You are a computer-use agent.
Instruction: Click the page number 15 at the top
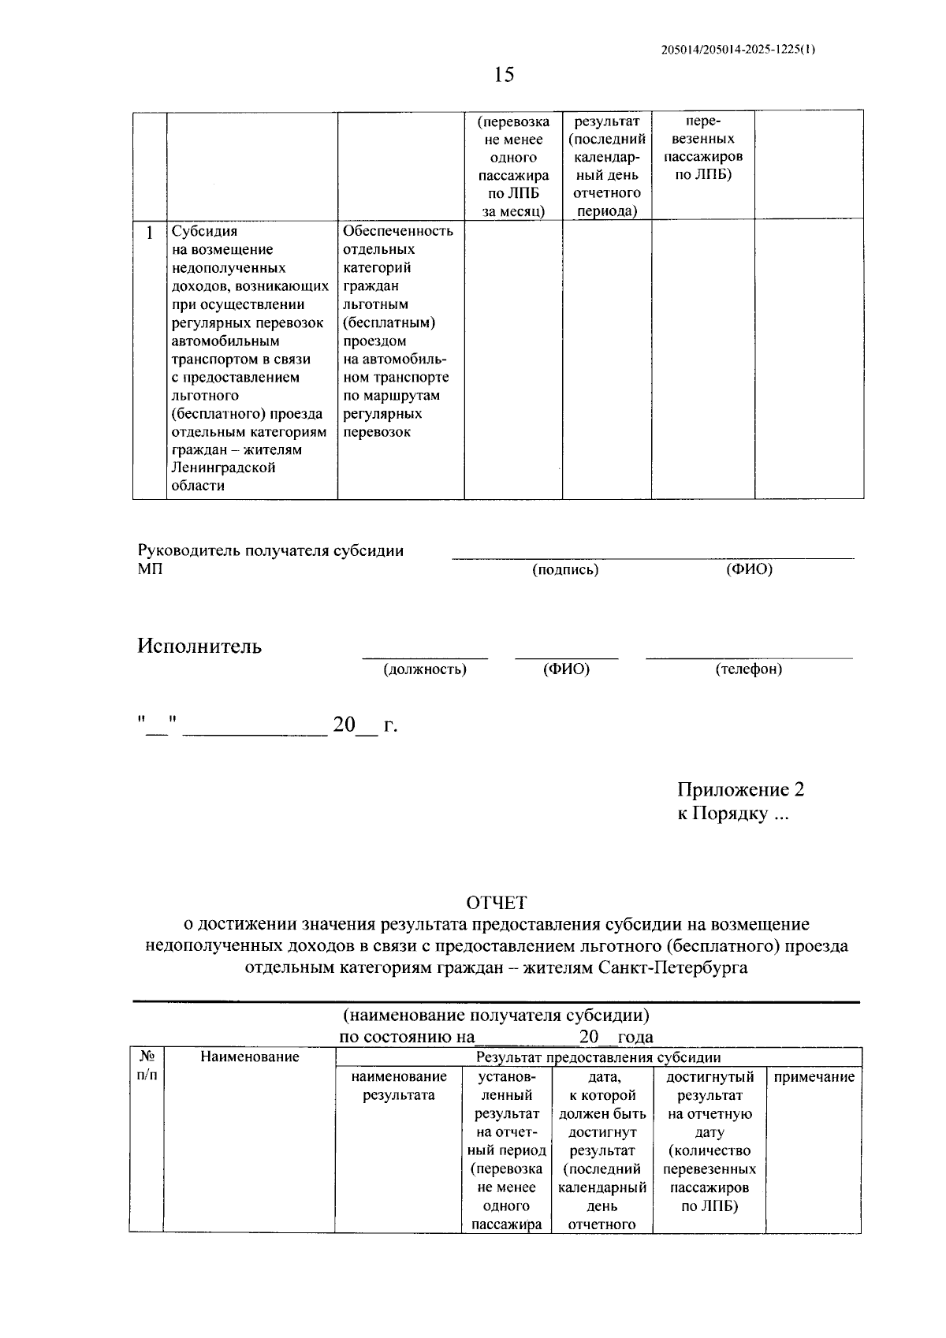504,75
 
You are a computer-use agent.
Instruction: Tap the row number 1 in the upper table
150,233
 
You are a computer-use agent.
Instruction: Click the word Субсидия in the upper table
204,232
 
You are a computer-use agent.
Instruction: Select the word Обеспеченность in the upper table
398,231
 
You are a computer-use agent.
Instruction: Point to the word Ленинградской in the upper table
223,468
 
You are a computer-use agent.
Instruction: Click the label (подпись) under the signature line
565,570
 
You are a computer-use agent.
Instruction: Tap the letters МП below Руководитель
150,569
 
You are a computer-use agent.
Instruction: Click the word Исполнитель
199,647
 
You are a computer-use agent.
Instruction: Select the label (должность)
425,670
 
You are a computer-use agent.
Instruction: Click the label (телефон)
749,670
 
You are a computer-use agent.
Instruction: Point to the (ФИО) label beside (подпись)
749,570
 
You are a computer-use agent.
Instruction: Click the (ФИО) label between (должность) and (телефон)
566,670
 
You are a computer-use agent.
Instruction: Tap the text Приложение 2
740,790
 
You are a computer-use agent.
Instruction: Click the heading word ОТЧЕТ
496,903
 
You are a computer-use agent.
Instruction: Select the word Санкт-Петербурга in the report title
673,967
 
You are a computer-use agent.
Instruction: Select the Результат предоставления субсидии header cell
598,1057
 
